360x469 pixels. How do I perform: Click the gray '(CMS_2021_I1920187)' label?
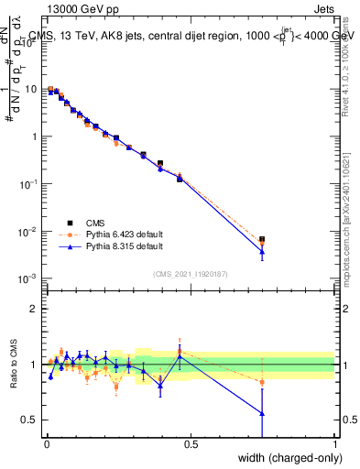[191, 273]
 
